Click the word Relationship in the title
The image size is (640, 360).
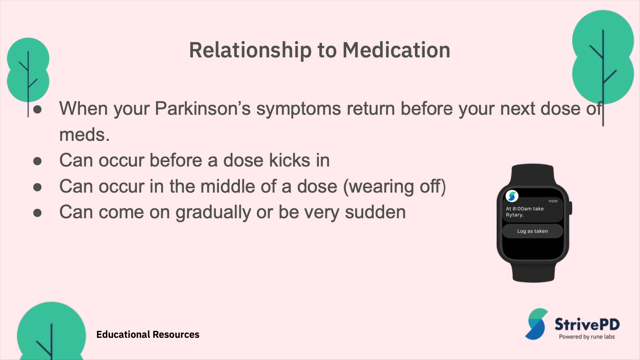(x=250, y=50)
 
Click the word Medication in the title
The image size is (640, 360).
(x=396, y=50)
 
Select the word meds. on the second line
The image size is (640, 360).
(x=84, y=134)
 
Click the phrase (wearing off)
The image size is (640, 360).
(x=394, y=187)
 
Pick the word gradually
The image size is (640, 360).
(x=213, y=213)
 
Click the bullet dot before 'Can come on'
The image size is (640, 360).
(x=37, y=213)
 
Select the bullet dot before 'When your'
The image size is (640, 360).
(x=37, y=109)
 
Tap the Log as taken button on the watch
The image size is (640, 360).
(x=533, y=231)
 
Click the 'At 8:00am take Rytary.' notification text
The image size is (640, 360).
(x=524, y=212)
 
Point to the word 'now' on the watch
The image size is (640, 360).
(x=553, y=201)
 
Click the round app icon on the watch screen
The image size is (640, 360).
(x=512, y=196)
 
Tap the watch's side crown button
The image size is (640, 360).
(x=570, y=208)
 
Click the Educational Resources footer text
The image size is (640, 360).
(x=148, y=334)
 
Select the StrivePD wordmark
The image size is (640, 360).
(x=587, y=324)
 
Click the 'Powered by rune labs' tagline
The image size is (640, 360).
(x=587, y=337)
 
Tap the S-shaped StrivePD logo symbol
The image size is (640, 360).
(x=536, y=324)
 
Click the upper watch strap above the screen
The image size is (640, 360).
(x=533, y=175)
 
